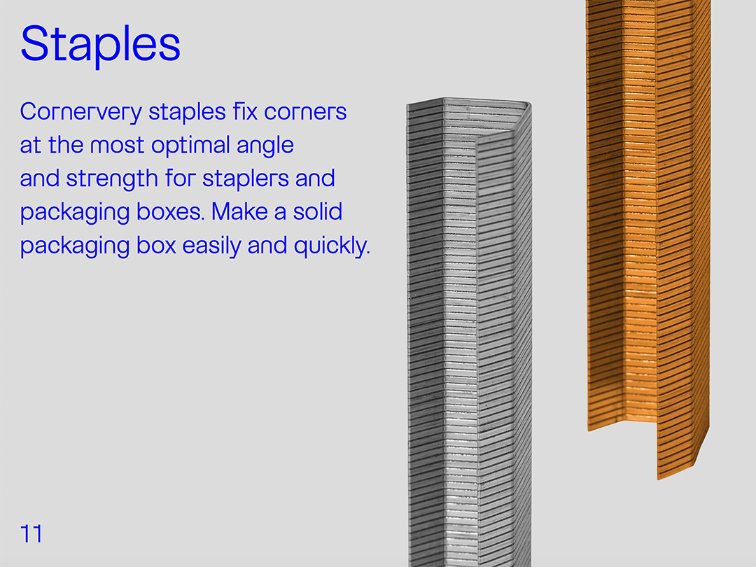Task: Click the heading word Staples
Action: tap(100, 44)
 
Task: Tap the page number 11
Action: tap(31, 533)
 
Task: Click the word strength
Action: tap(112, 179)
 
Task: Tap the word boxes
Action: tap(171, 211)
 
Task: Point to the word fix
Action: tap(246, 111)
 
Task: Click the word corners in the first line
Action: tap(305, 112)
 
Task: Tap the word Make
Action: tap(239, 211)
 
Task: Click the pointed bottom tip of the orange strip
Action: tap(659, 478)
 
